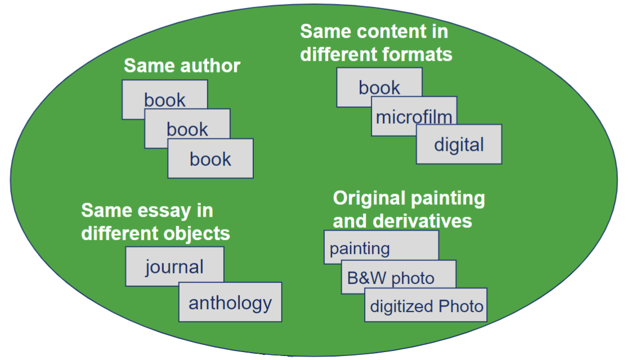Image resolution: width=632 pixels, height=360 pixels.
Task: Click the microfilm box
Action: coord(414,117)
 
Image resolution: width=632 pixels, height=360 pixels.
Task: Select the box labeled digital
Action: coord(459,145)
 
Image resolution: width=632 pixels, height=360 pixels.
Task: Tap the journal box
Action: coord(174,266)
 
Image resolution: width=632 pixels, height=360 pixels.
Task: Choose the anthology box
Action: coord(230,303)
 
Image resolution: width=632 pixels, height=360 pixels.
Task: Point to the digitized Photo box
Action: coord(425,306)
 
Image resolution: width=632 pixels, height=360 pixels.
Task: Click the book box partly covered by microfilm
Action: coord(379,87)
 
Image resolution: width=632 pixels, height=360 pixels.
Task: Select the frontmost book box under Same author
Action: coord(210,159)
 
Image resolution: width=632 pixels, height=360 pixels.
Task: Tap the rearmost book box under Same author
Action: coord(164,100)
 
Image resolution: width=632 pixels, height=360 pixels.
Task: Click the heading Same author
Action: coord(182,66)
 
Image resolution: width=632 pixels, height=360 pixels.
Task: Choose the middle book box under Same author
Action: coord(187,129)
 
